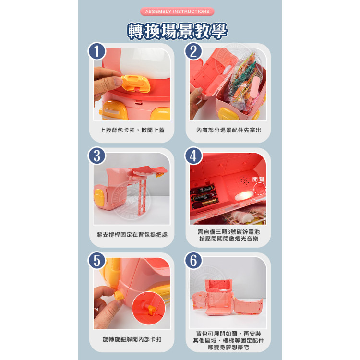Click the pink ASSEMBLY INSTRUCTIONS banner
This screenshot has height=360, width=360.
click(x=177, y=12)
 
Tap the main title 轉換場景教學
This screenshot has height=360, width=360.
click(x=177, y=31)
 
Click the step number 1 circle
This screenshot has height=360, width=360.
click(x=97, y=51)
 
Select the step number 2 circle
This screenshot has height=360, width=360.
click(x=193, y=51)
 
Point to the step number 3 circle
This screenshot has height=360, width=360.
click(x=97, y=156)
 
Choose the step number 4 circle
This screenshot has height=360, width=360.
click(x=193, y=156)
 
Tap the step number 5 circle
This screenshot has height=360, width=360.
click(x=97, y=261)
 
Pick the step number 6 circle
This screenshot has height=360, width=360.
click(x=193, y=261)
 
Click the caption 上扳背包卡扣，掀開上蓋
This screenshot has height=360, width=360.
click(x=132, y=130)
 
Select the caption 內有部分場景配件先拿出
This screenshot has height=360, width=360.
click(x=228, y=130)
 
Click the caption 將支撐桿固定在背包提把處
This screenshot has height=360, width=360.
click(x=132, y=235)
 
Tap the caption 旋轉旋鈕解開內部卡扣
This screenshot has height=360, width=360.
click(x=132, y=339)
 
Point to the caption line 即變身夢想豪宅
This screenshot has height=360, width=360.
click(x=228, y=348)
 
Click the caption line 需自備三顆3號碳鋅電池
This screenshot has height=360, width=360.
click(x=228, y=231)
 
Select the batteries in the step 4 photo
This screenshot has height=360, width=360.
click(x=204, y=195)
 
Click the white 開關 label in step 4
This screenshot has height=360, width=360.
click(x=258, y=179)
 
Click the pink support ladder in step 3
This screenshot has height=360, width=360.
click(x=141, y=192)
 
